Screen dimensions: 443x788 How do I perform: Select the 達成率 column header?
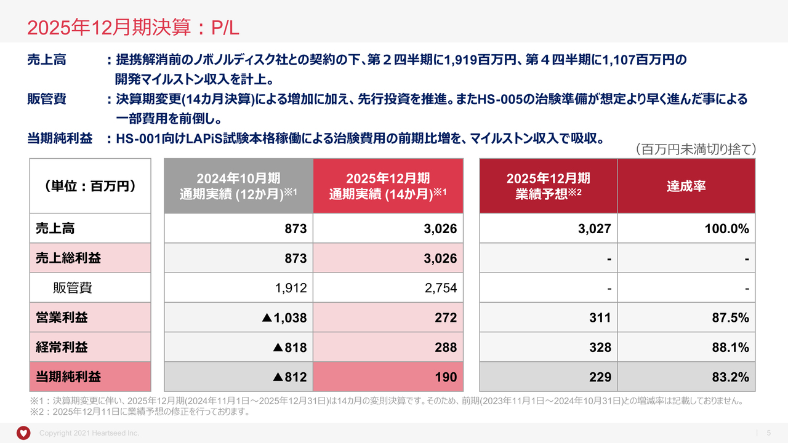(686, 186)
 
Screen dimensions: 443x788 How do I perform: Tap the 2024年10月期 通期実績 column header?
(238, 186)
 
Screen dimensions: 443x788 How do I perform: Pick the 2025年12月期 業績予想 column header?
(548, 186)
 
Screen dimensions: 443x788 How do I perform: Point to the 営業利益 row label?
(62, 317)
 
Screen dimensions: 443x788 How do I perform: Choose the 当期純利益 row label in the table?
(68, 377)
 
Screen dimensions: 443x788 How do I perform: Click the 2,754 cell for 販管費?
(441, 288)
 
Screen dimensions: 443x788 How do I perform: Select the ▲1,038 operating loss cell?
(284, 317)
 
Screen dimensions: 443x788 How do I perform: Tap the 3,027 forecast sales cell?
(595, 229)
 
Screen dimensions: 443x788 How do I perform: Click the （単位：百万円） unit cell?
(90, 186)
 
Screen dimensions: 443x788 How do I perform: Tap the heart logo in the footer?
(23, 433)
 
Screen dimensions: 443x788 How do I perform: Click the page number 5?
(768, 433)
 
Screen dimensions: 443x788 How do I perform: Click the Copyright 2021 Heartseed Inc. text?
(89, 433)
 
